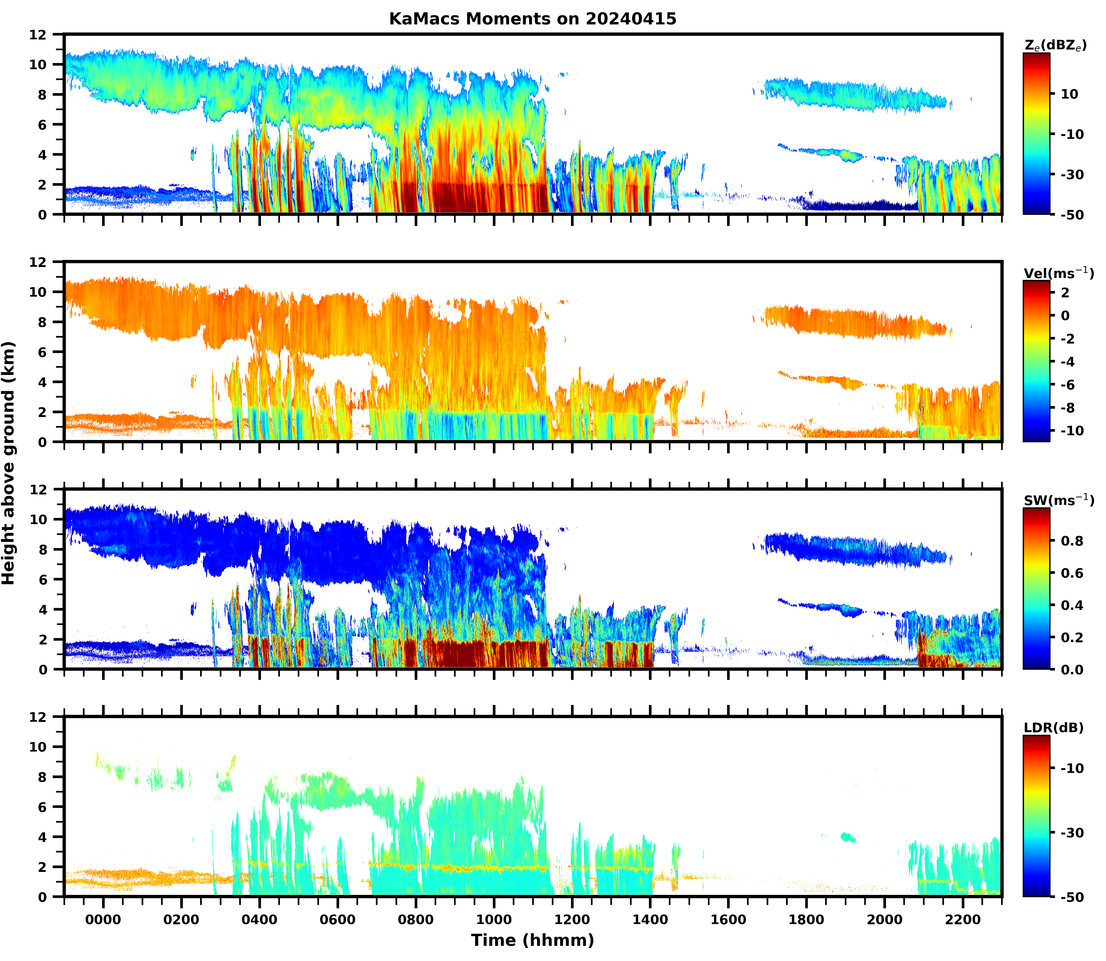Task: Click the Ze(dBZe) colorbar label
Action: click(1055, 46)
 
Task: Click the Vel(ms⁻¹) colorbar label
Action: click(1058, 273)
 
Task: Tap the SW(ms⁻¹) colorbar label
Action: click(1058, 501)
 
